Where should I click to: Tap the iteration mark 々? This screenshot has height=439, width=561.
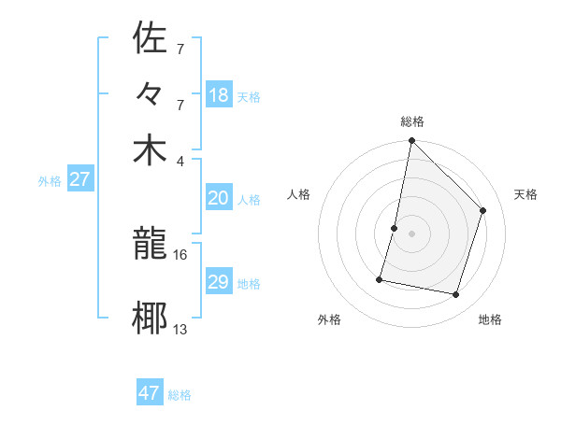150,95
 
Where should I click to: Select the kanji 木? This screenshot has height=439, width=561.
150,150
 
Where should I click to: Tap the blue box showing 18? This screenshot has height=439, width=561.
219,95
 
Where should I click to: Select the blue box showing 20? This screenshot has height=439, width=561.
219,198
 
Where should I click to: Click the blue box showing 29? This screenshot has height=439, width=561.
219,282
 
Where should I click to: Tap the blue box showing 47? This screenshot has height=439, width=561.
150,393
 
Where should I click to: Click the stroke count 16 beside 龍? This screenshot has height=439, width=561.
180,254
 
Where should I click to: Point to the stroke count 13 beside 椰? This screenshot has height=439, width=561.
180,329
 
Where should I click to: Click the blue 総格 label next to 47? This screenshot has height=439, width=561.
180,395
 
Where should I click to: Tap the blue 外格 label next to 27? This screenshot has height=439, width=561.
50,181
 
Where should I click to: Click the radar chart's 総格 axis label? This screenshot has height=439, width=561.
412,121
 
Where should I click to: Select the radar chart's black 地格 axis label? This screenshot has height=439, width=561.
490,319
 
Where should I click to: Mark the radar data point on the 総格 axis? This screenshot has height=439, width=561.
411,141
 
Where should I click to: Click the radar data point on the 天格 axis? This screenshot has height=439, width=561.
483,210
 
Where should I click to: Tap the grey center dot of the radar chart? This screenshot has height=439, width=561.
411,234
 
